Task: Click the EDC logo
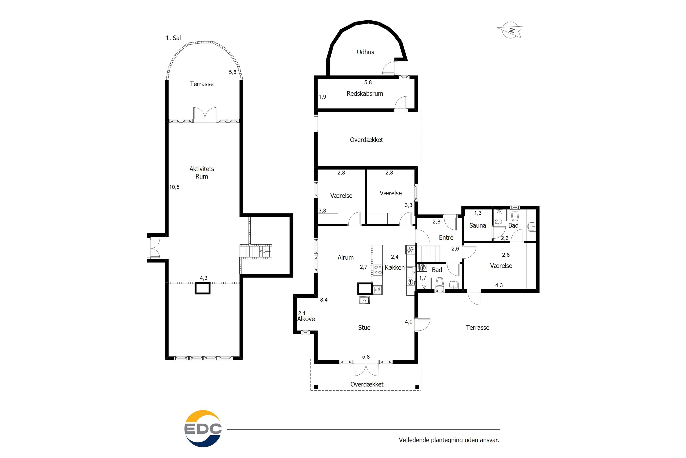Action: [203, 428]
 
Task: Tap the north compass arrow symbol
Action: [510, 30]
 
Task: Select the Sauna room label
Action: [477, 226]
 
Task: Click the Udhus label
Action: [365, 52]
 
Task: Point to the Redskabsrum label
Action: [364, 93]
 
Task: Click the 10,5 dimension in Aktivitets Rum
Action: [174, 187]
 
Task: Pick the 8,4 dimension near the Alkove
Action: [324, 300]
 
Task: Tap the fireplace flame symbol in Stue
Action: [364, 300]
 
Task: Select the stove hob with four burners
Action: [378, 270]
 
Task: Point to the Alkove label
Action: [306, 319]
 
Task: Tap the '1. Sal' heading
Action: [173, 38]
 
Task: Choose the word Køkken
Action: [395, 267]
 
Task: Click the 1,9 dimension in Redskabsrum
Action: [322, 97]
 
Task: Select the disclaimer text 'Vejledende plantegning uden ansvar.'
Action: [449, 440]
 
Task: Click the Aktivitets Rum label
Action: [201, 173]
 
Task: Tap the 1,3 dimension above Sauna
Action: [478, 213]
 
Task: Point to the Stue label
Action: [364, 328]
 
